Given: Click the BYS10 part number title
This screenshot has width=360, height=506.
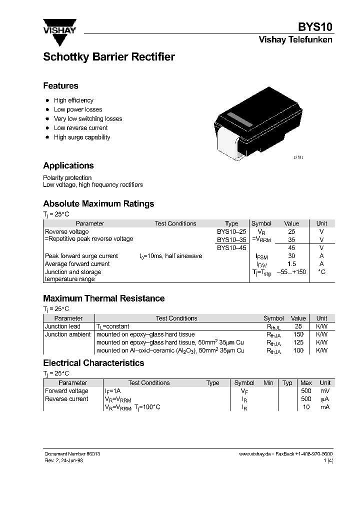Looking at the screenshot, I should point(315,27).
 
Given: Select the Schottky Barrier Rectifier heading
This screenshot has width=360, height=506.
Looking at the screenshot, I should point(109,57).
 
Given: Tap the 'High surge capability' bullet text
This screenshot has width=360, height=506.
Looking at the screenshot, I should point(82,137).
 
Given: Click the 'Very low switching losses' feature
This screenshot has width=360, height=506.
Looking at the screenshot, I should point(88,118).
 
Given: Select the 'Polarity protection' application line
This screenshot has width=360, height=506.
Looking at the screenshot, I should point(67,177).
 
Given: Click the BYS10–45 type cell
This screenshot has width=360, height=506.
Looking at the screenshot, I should point(231,247).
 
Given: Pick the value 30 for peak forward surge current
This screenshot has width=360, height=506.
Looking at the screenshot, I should point(291,256).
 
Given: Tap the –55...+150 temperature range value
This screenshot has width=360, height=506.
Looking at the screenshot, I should point(291,272).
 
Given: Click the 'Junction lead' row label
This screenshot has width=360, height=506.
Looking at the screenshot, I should point(62,326).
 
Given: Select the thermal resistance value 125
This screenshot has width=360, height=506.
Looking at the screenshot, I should point(298,342).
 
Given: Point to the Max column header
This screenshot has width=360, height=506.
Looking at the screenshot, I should point(306,383).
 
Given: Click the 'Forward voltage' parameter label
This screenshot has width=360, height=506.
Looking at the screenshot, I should point(66,391).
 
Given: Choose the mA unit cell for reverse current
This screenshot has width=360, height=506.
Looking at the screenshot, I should point(325,407).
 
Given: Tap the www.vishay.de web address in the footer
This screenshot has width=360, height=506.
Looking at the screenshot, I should point(254,453).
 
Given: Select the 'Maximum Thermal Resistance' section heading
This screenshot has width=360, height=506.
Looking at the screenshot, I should point(104,298).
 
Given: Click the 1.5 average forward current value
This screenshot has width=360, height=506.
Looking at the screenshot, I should point(291,264).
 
